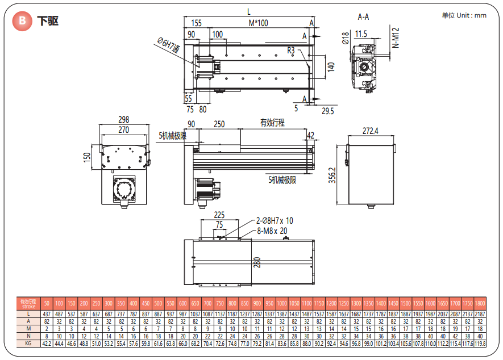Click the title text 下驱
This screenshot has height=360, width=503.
(x=48, y=22)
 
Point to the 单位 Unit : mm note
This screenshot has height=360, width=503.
(x=463, y=15)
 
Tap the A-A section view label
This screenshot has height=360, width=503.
(x=363, y=17)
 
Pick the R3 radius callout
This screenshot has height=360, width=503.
(x=290, y=50)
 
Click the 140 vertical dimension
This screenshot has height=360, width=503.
(x=331, y=66)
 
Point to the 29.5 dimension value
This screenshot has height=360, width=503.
(x=327, y=111)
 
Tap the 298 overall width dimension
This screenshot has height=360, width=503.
(x=123, y=119)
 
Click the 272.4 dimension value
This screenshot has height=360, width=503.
(x=370, y=131)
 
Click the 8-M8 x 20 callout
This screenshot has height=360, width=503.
(x=271, y=230)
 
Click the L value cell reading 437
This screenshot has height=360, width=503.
(x=47, y=313)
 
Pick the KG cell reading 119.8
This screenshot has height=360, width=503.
(x=480, y=344)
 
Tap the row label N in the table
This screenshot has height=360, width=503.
(x=28, y=336)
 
